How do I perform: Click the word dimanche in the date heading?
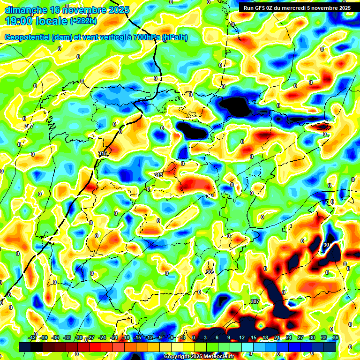[x=26, y=9]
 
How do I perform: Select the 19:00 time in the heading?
[x=18, y=21]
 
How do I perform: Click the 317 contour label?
[x=29, y=127]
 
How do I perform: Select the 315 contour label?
[x=103, y=154]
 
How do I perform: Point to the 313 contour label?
[x=158, y=175]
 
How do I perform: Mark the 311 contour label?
[x=210, y=195]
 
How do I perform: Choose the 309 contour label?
[x=210, y=272]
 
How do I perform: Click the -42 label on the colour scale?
[x=32, y=337]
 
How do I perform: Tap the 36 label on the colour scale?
[x=335, y=337]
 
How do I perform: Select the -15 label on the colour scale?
[x=137, y=337]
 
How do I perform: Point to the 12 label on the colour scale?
[x=242, y=337]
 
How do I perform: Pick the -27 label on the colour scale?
[x=90, y=337]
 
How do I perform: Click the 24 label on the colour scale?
[x=289, y=337]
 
